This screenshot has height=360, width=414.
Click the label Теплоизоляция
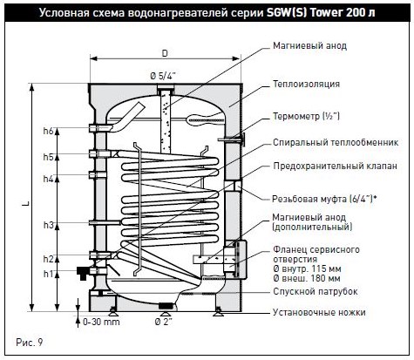click(x=306, y=84)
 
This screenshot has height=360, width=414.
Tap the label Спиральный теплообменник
click(x=336, y=142)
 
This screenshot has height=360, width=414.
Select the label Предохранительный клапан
click(x=335, y=166)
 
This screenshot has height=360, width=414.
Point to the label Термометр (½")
click(x=306, y=116)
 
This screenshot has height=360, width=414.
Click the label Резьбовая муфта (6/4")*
click(x=324, y=199)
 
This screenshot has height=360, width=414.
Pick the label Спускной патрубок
click(x=316, y=291)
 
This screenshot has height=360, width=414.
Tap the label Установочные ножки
click(x=319, y=312)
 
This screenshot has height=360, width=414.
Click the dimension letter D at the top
click(x=165, y=53)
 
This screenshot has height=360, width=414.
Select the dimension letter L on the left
click(x=26, y=204)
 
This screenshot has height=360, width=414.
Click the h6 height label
click(x=49, y=131)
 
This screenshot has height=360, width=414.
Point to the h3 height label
click(x=49, y=225)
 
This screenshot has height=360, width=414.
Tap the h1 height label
click(x=49, y=274)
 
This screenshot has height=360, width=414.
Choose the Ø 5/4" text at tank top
click(x=163, y=76)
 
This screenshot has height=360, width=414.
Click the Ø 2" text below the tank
click(x=163, y=322)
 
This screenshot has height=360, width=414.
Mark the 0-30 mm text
click(x=101, y=322)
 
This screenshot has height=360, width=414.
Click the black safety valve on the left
click(x=83, y=273)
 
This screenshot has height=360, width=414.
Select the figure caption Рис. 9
click(x=30, y=343)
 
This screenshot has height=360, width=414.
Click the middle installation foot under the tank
click(x=166, y=314)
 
